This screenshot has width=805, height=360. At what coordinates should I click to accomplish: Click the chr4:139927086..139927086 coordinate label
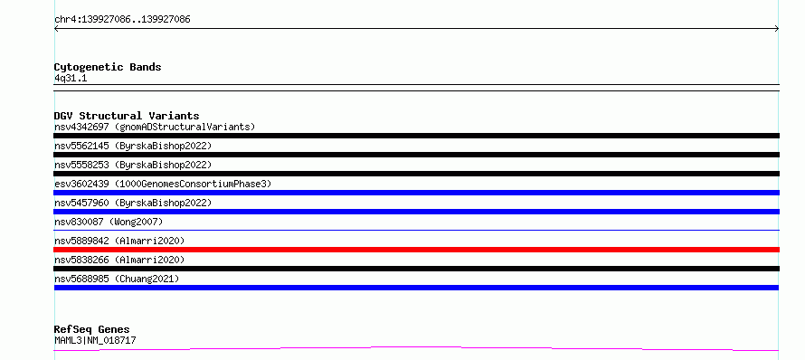click(122, 20)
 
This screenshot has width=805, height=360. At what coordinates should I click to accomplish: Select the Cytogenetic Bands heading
click(108, 67)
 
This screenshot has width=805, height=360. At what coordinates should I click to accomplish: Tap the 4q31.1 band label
click(71, 78)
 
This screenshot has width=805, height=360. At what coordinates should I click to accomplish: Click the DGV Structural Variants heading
click(127, 116)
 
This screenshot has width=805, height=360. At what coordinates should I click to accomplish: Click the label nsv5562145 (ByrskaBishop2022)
click(133, 146)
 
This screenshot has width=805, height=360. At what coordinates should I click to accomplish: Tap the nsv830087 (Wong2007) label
click(109, 222)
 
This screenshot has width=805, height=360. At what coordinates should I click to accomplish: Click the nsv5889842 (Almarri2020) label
click(119, 241)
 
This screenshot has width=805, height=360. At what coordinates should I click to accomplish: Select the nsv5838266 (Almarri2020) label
click(119, 260)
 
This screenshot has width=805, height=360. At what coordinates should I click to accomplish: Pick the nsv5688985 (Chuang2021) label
click(117, 279)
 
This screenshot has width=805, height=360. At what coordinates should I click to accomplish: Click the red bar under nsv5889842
click(416, 250)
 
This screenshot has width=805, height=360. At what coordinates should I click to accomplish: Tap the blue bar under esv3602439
click(416, 193)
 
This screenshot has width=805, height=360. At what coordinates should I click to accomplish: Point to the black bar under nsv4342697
click(416, 136)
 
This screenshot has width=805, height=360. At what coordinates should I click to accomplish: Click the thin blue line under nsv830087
click(416, 230)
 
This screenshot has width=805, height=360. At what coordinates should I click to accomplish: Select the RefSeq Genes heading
click(92, 329)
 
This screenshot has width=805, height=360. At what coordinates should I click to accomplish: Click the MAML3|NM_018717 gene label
click(95, 340)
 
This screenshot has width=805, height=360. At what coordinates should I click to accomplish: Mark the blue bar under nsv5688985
click(416, 288)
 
